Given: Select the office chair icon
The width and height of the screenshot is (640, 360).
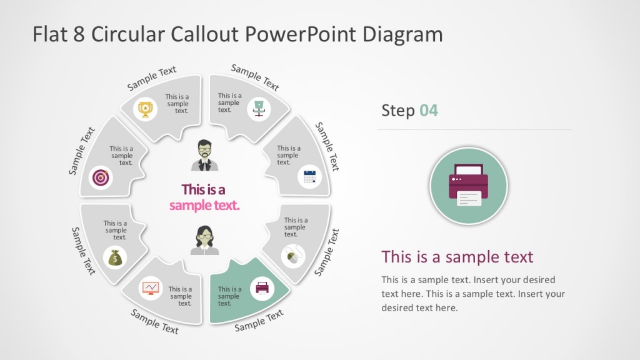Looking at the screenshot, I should click(x=259, y=109).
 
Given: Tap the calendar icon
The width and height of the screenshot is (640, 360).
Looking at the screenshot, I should click(x=309, y=176).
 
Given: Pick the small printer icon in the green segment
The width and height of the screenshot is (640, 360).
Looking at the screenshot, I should click(x=262, y=288).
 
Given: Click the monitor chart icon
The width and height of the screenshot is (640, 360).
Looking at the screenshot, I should click(x=151, y=287).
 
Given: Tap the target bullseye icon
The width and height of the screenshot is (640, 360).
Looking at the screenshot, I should click(x=101, y=177).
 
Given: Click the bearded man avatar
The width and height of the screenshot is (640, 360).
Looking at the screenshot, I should click(x=205, y=156).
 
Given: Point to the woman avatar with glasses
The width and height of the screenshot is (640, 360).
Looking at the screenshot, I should click(x=205, y=240).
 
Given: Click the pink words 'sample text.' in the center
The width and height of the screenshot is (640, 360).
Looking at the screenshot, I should click(x=204, y=206).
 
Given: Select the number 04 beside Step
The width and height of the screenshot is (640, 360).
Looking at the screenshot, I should click(x=429, y=111).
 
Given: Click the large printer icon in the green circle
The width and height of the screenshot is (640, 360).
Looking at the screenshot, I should click(x=469, y=186).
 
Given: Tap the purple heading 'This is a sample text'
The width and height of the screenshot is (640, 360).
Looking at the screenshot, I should click(x=457, y=257).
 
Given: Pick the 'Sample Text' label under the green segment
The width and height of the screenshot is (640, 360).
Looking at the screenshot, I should click(x=259, y=320).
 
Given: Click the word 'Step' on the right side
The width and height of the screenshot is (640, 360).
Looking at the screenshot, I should click(x=398, y=111).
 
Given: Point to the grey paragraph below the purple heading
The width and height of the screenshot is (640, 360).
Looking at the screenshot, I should click(x=473, y=294).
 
